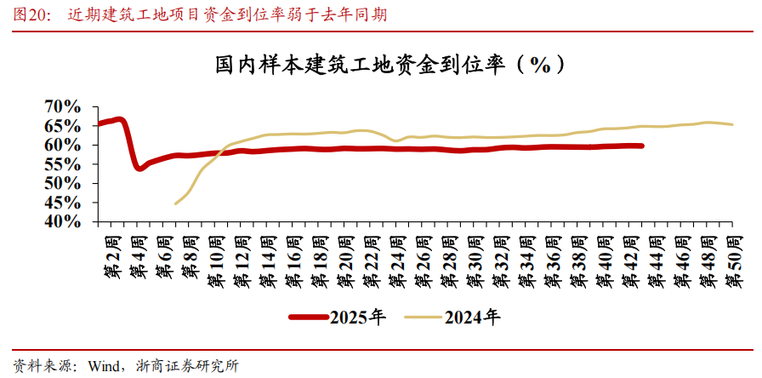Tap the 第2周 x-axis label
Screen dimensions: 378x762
click(110, 256)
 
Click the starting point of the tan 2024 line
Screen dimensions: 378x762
click(175, 203)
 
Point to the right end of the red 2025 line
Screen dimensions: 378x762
click(641, 146)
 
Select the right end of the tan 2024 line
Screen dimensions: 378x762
click(732, 124)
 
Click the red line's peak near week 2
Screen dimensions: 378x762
click(118, 119)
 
